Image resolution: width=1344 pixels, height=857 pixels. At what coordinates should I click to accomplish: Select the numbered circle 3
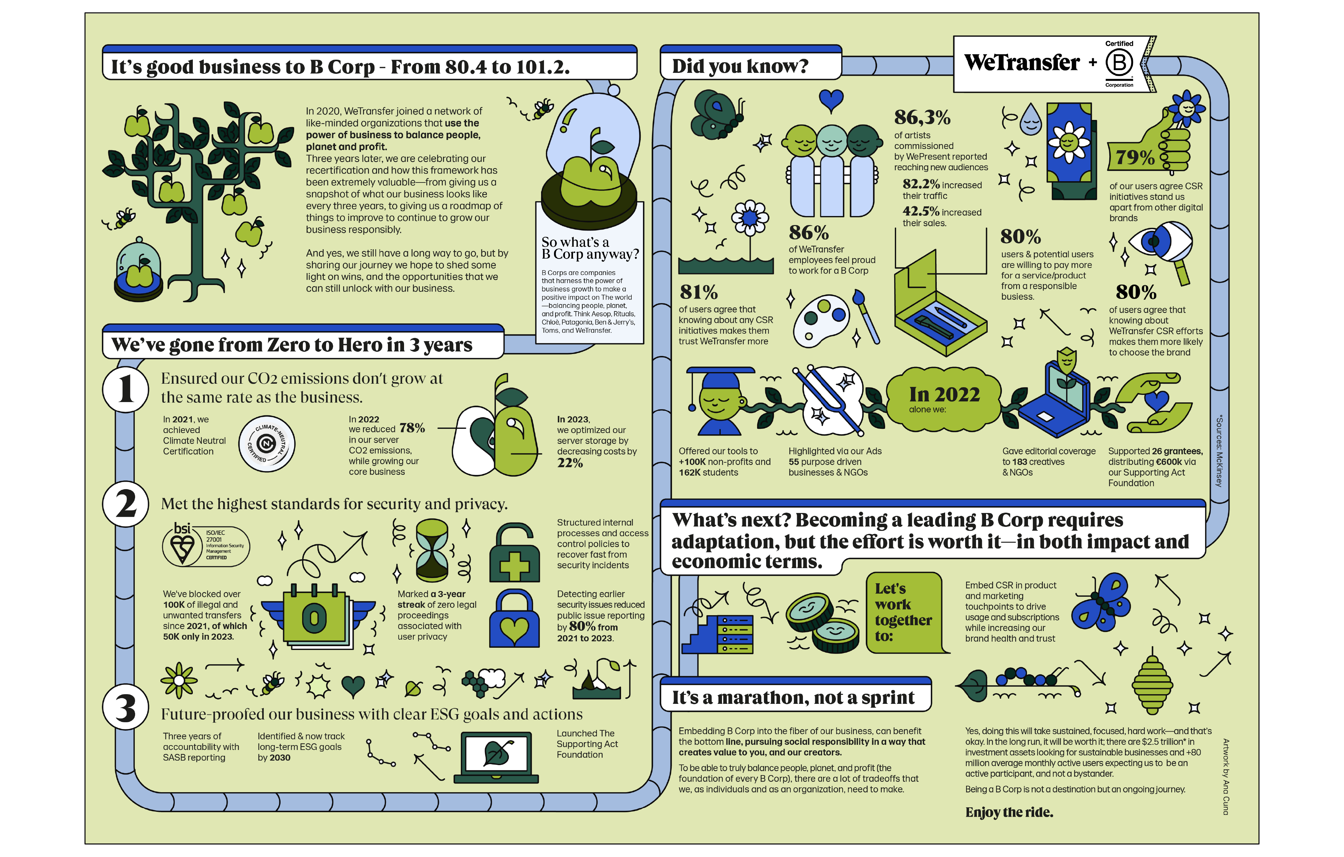[125, 707]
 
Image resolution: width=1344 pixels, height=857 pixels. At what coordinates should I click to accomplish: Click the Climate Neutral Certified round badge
[267, 444]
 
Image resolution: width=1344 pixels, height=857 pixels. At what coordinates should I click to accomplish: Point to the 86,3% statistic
[922, 117]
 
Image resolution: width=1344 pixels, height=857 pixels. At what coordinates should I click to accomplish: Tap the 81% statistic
[698, 292]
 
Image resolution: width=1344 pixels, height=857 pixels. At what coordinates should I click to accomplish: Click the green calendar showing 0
[314, 616]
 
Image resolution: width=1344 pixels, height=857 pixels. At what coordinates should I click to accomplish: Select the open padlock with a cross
[514, 554]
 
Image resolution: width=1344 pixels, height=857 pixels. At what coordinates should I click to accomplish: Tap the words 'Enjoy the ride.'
[1009, 813]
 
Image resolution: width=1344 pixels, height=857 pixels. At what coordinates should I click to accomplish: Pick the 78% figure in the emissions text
[412, 428]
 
